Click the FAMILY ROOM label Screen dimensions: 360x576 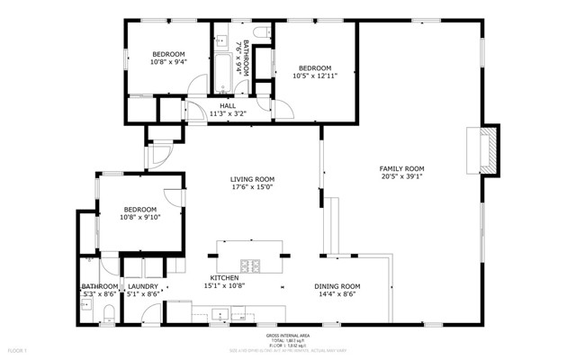coord(401,168)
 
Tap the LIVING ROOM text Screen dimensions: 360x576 coord(252,179)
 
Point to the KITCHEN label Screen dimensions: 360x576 coord(225,277)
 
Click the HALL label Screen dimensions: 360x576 coord(228,105)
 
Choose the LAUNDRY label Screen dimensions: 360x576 coord(143,285)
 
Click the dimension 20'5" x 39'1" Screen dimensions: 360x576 coord(401,177)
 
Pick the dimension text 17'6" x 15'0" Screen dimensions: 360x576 coord(252,188)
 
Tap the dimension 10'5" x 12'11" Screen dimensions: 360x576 coord(315,76)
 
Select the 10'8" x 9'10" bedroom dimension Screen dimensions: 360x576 coord(139,216)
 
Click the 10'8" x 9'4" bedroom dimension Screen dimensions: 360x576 coord(168,63)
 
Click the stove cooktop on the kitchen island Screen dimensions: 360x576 coord(255,265)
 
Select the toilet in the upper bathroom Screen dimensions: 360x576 coord(262,33)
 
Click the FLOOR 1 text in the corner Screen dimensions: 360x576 coord(19,347)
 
